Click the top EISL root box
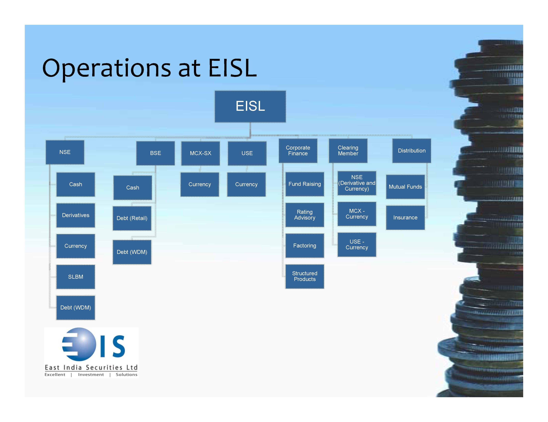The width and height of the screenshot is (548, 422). pos(250,106)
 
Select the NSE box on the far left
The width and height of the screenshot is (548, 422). pos(65,152)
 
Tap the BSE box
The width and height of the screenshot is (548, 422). pos(155,153)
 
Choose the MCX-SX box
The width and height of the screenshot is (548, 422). pos(201,153)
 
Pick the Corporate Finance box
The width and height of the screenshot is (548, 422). pos(298,151)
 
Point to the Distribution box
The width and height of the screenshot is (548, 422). pos(412,151)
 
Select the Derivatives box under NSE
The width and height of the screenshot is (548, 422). pos(75,215)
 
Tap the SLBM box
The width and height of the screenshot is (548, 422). pos(75,277)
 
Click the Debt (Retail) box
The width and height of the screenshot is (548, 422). pos(132,218)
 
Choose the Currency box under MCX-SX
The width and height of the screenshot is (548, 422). pos(200,184)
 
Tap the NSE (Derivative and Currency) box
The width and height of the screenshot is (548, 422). pos(357,183)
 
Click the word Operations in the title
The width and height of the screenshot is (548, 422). pos(107,68)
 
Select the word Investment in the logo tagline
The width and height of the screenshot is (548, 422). pos(91,375)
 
